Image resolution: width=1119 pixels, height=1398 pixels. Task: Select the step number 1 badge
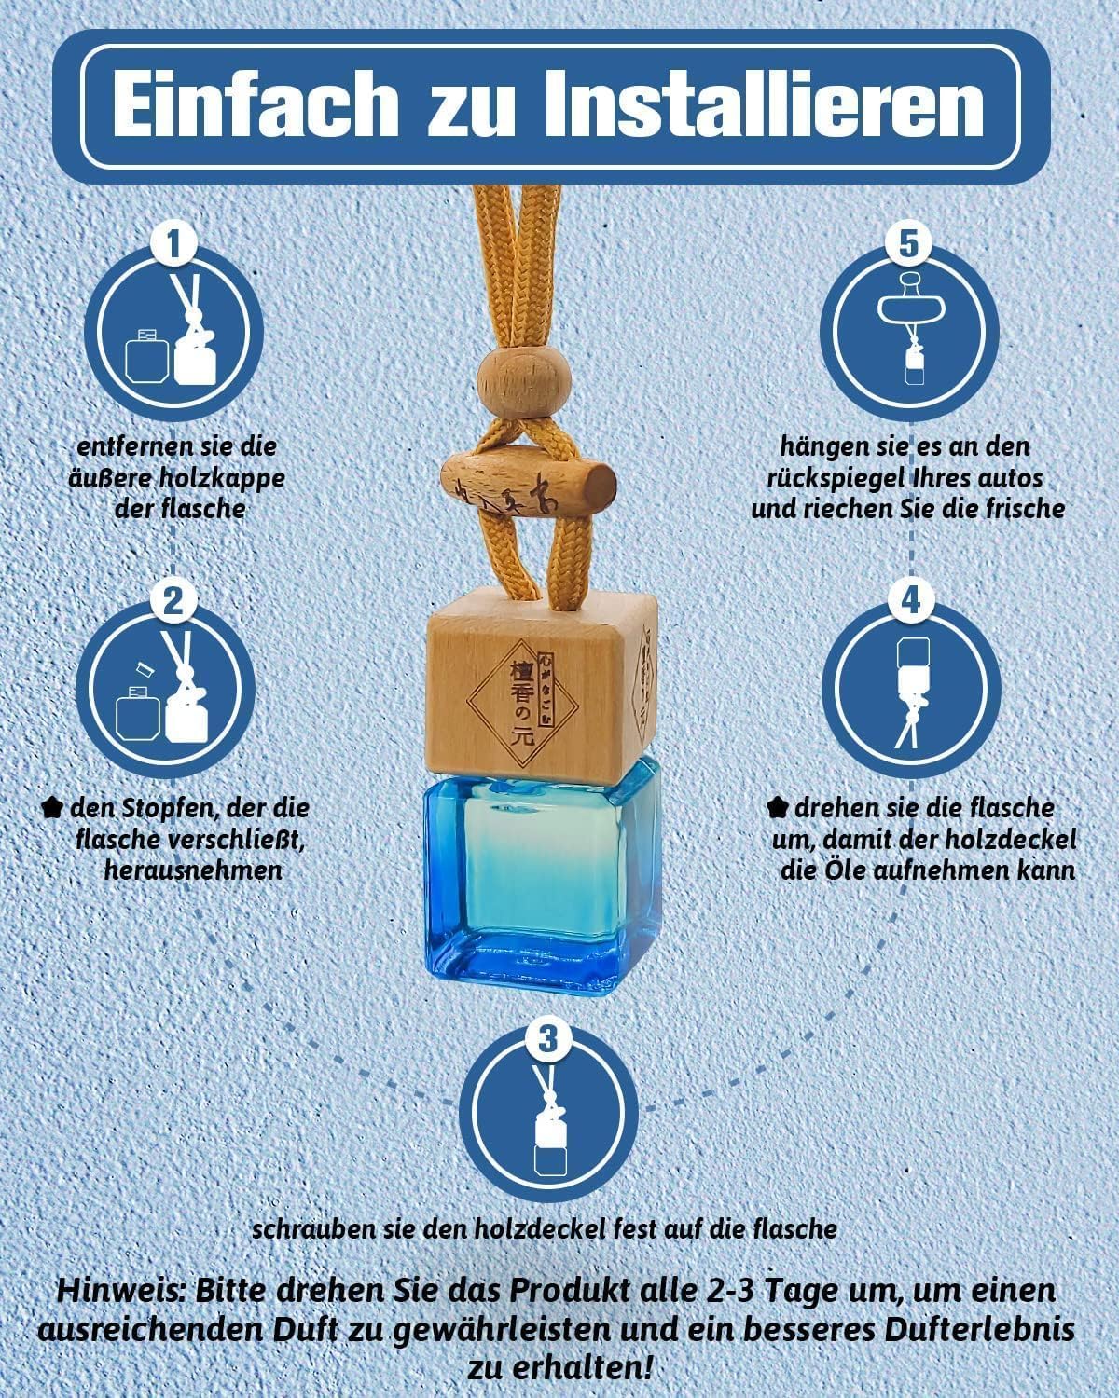173,244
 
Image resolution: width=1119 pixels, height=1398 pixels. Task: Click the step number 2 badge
173,601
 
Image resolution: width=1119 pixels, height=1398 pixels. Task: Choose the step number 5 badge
908,243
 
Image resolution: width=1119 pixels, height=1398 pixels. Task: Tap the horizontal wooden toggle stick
528,486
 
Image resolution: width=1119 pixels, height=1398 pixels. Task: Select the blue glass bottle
543,876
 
